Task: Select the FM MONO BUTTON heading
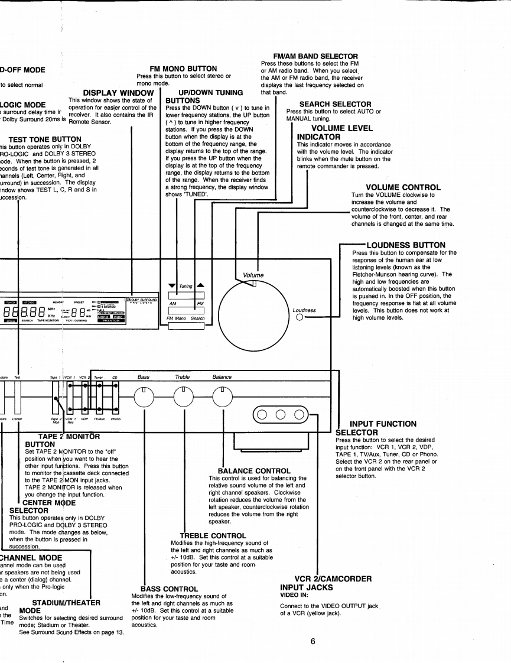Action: pyautogui.click(x=184, y=69)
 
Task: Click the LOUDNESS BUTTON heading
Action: pyautogui.click(x=406, y=245)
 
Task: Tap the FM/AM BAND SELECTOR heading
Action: pyautogui.click(x=312, y=56)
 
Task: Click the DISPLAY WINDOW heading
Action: pyautogui.click(x=118, y=93)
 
